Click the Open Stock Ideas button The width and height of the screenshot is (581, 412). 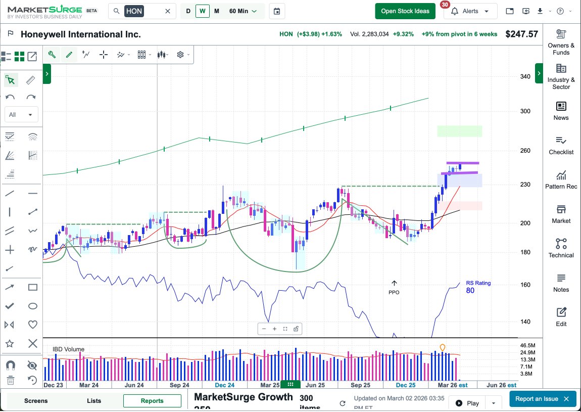click(405, 11)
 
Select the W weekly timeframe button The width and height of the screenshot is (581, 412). click(203, 11)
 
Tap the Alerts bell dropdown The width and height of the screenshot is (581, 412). click(470, 11)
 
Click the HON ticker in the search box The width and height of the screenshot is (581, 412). click(134, 11)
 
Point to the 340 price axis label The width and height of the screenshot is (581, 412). click(525, 77)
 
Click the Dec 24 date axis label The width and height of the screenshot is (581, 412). click(224, 385)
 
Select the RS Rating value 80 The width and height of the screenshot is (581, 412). click(470, 291)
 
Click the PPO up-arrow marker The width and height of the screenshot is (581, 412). click(394, 284)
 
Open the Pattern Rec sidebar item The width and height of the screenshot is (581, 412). click(561, 179)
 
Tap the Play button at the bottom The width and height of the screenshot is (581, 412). click(467, 403)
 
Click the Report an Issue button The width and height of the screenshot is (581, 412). click(542, 399)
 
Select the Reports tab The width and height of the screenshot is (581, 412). click(152, 401)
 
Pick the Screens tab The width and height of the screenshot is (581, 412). click(36, 401)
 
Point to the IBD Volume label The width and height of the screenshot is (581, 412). click(68, 349)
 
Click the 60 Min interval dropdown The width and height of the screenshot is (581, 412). click(243, 11)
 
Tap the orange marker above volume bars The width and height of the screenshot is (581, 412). click(443, 347)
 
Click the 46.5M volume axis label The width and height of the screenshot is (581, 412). click(528, 345)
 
